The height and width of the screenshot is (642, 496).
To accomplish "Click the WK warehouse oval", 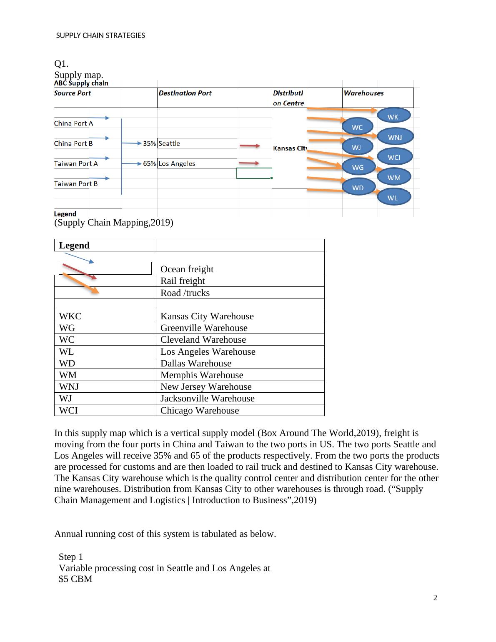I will (x=393, y=117).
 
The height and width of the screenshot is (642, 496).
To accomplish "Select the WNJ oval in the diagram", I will (x=395, y=137).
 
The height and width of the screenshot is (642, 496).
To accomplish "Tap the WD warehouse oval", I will (x=358, y=188).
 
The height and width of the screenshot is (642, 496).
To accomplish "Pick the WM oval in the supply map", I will (x=394, y=178).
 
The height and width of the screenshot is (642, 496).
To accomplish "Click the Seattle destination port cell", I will (x=197, y=143).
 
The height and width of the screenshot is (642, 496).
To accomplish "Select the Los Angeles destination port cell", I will (x=197, y=163).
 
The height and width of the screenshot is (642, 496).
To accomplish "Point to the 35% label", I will (x=149, y=143).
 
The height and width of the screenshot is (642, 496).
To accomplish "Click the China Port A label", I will (x=73, y=123).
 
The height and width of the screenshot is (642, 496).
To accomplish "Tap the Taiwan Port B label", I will (x=76, y=184).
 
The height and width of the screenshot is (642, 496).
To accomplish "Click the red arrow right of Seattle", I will (x=249, y=146).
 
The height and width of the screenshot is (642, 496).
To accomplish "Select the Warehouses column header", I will (x=363, y=93).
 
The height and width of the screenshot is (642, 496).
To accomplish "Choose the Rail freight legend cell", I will (x=183, y=281).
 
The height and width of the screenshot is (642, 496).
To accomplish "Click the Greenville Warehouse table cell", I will (x=204, y=328).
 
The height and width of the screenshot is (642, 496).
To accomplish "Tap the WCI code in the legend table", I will (x=68, y=411).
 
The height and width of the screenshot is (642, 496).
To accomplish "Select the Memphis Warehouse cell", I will (x=202, y=375).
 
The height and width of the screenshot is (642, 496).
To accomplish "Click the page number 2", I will (x=435, y=598).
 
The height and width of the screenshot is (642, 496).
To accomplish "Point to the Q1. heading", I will (x=61, y=64).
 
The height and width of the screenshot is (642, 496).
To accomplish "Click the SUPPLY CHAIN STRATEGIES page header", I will (x=100, y=36).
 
